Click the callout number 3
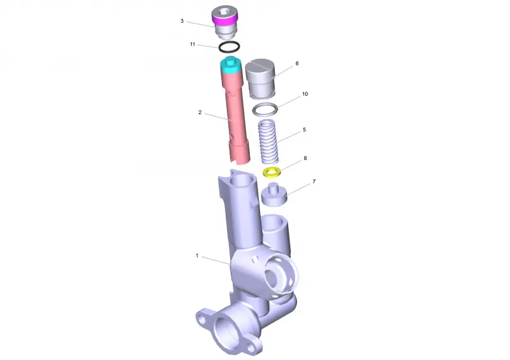click(x=182, y=21)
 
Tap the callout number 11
click(x=193, y=44)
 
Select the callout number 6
click(x=297, y=64)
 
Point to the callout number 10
click(x=305, y=94)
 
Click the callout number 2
click(x=200, y=112)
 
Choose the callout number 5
click(x=305, y=129)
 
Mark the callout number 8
click(x=305, y=158)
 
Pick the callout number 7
click(x=314, y=181)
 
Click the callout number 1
click(x=197, y=256)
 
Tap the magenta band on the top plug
click(x=225, y=21)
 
